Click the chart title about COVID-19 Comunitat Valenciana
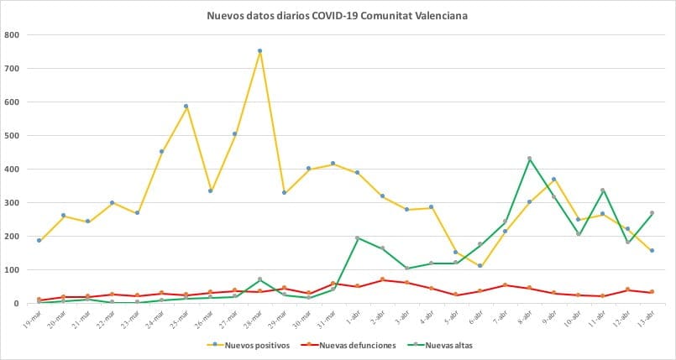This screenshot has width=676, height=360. (x=338, y=15)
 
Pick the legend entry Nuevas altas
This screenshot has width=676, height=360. (x=434, y=345)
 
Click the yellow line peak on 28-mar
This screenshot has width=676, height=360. (x=259, y=50)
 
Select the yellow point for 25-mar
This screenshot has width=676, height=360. (x=186, y=107)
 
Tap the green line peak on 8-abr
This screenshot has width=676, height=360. (x=529, y=159)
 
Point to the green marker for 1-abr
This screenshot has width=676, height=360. (x=358, y=238)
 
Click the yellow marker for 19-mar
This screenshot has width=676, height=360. (x=39, y=241)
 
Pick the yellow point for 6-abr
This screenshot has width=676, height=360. (x=479, y=266)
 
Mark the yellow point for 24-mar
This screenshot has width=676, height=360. (x=161, y=152)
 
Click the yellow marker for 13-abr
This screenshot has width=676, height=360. (x=652, y=251)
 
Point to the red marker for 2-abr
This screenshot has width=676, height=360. (x=382, y=279)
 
